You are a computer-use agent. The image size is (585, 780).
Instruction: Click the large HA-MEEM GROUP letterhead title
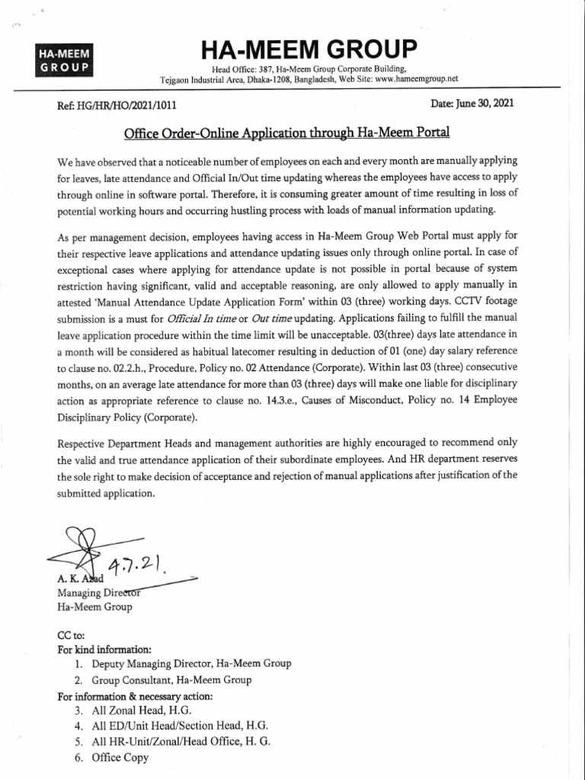[x=308, y=51]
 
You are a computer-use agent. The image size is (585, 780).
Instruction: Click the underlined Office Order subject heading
[x=287, y=133]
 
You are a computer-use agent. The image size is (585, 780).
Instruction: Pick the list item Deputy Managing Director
[x=191, y=664]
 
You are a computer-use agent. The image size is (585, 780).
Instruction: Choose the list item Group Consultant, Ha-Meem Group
[x=171, y=679]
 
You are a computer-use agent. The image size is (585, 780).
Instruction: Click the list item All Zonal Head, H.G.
[x=136, y=711]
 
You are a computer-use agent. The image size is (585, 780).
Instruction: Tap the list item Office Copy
[x=120, y=757]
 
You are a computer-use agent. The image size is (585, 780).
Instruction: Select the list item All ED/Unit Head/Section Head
[x=179, y=726]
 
